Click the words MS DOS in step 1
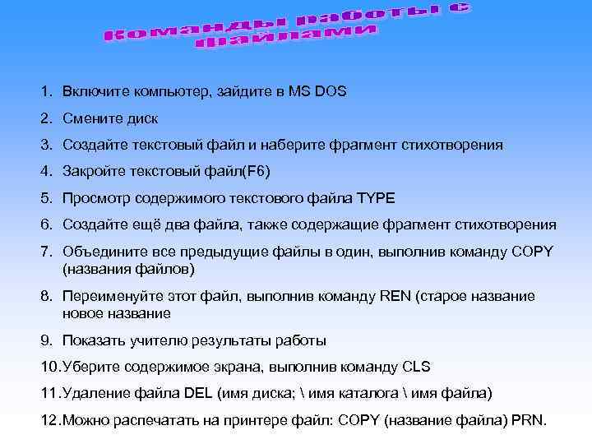[317, 92]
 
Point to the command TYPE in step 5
[376, 198]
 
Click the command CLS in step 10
[415, 367]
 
